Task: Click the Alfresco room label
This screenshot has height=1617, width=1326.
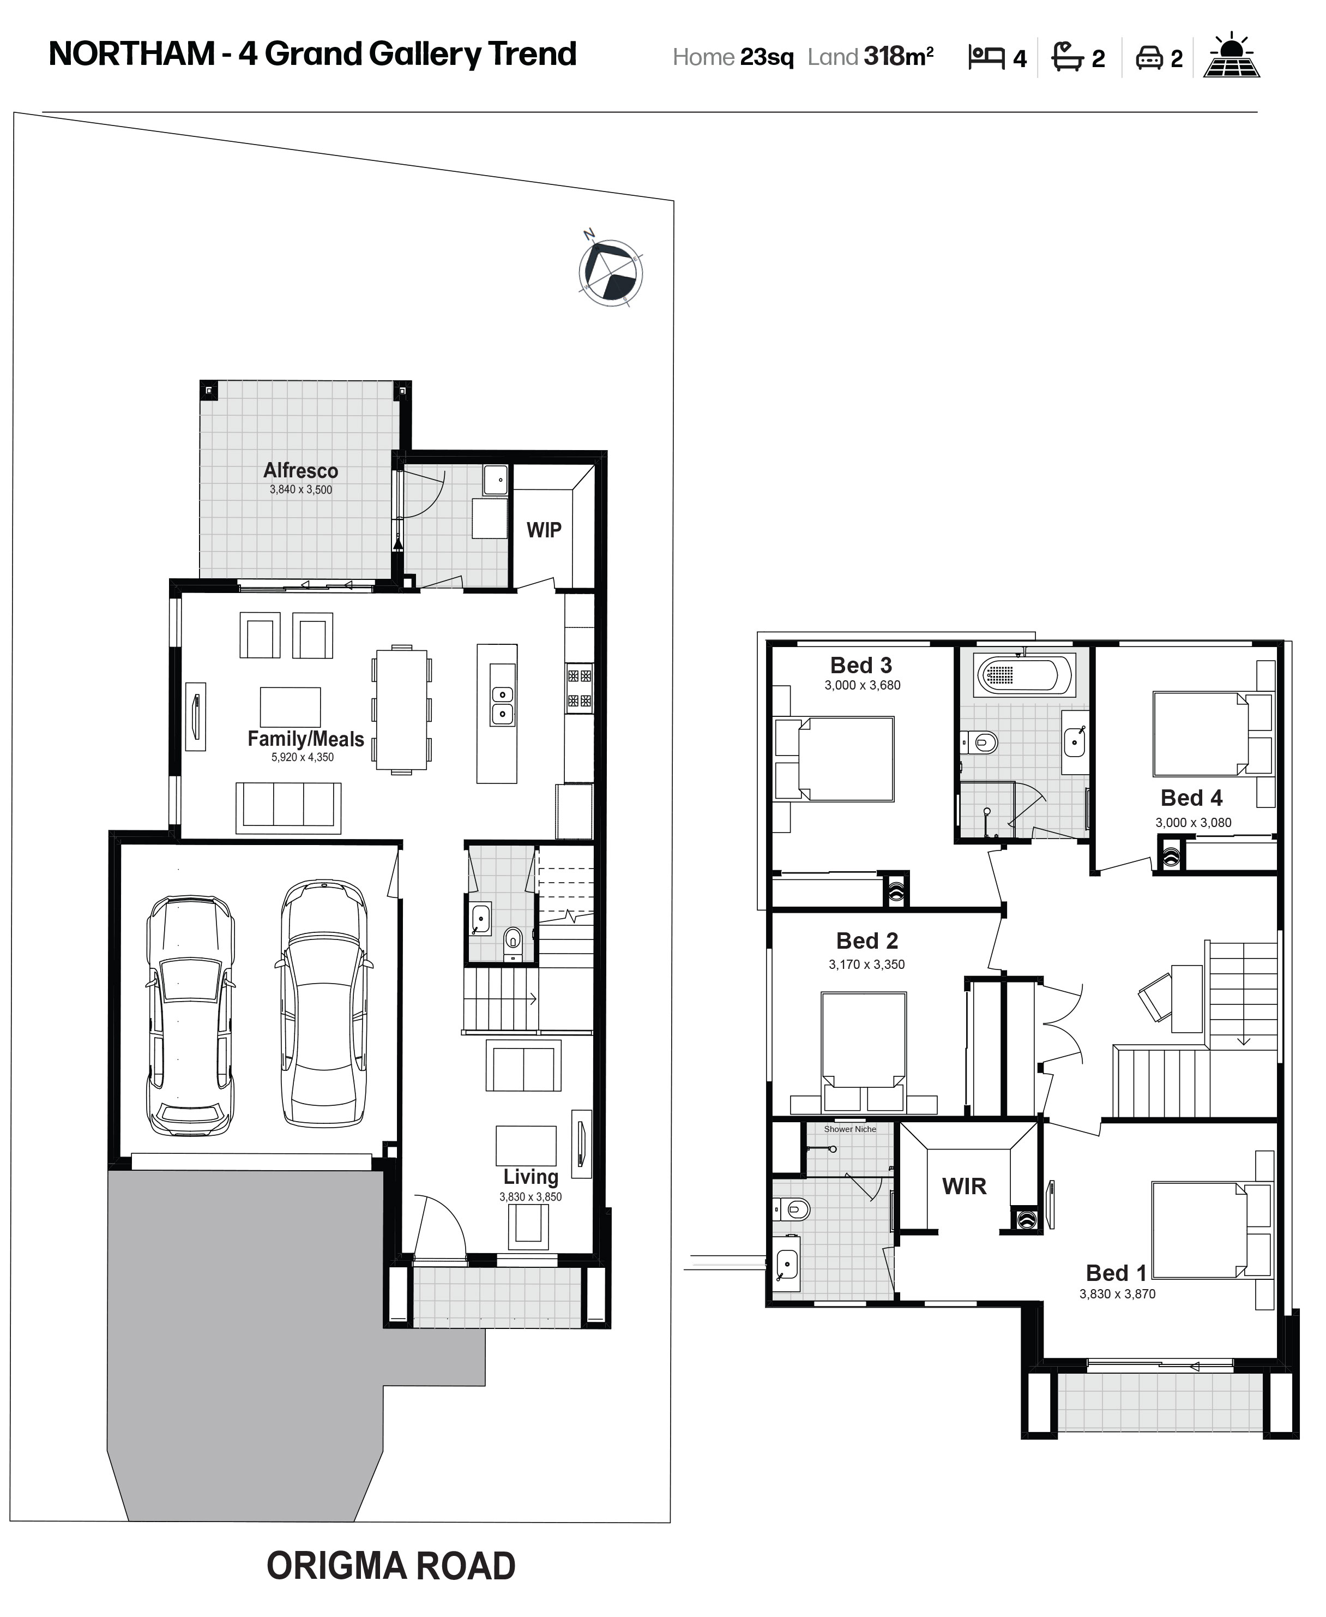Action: click(301, 471)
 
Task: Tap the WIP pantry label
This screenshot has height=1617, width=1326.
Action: click(544, 530)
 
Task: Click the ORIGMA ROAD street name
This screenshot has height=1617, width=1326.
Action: click(391, 1567)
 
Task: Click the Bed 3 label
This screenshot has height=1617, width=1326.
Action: click(861, 666)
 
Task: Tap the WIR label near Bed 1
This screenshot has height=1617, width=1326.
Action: click(964, 1186)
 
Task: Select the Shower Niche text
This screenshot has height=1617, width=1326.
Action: click(850, 1129)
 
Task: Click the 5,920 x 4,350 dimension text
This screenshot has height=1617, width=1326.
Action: click(303, 757)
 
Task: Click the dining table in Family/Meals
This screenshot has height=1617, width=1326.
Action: click(401, 710)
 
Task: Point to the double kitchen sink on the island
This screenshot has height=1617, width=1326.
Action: click(502, 704)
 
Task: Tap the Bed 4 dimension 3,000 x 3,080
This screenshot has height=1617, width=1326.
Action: click(1193, 823)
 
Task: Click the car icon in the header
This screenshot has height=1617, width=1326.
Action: click(1149, 58)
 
